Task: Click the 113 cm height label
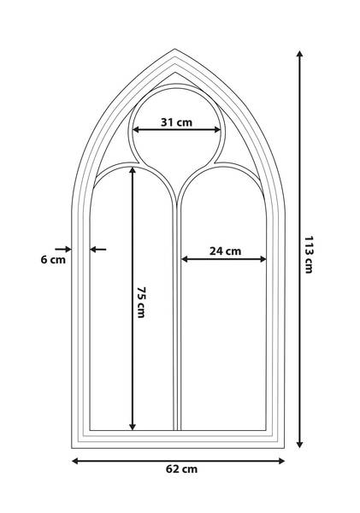click(309, 254)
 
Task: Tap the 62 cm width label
click(181, 469)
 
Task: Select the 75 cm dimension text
click(141, 302)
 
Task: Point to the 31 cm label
click(176, 122)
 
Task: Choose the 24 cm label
click(225, 251)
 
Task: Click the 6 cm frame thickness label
click(53, 260)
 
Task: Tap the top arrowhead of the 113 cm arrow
click(299, 54)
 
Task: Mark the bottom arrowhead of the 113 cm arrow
click(299, 445)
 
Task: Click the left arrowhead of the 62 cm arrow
click(75, 461)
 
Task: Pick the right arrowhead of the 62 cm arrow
click(281, 461)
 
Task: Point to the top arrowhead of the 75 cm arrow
click(133, 171)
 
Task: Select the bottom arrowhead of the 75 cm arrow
click(133, 427)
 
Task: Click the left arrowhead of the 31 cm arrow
click(136, 130)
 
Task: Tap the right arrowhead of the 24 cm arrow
click(263, 259)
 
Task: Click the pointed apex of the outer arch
click(174, 49)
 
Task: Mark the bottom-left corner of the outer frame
click(72, 448)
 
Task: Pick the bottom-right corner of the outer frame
click(284, 448)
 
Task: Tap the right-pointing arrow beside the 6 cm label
click(63, 250)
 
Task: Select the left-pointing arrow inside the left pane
click(97, 250)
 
